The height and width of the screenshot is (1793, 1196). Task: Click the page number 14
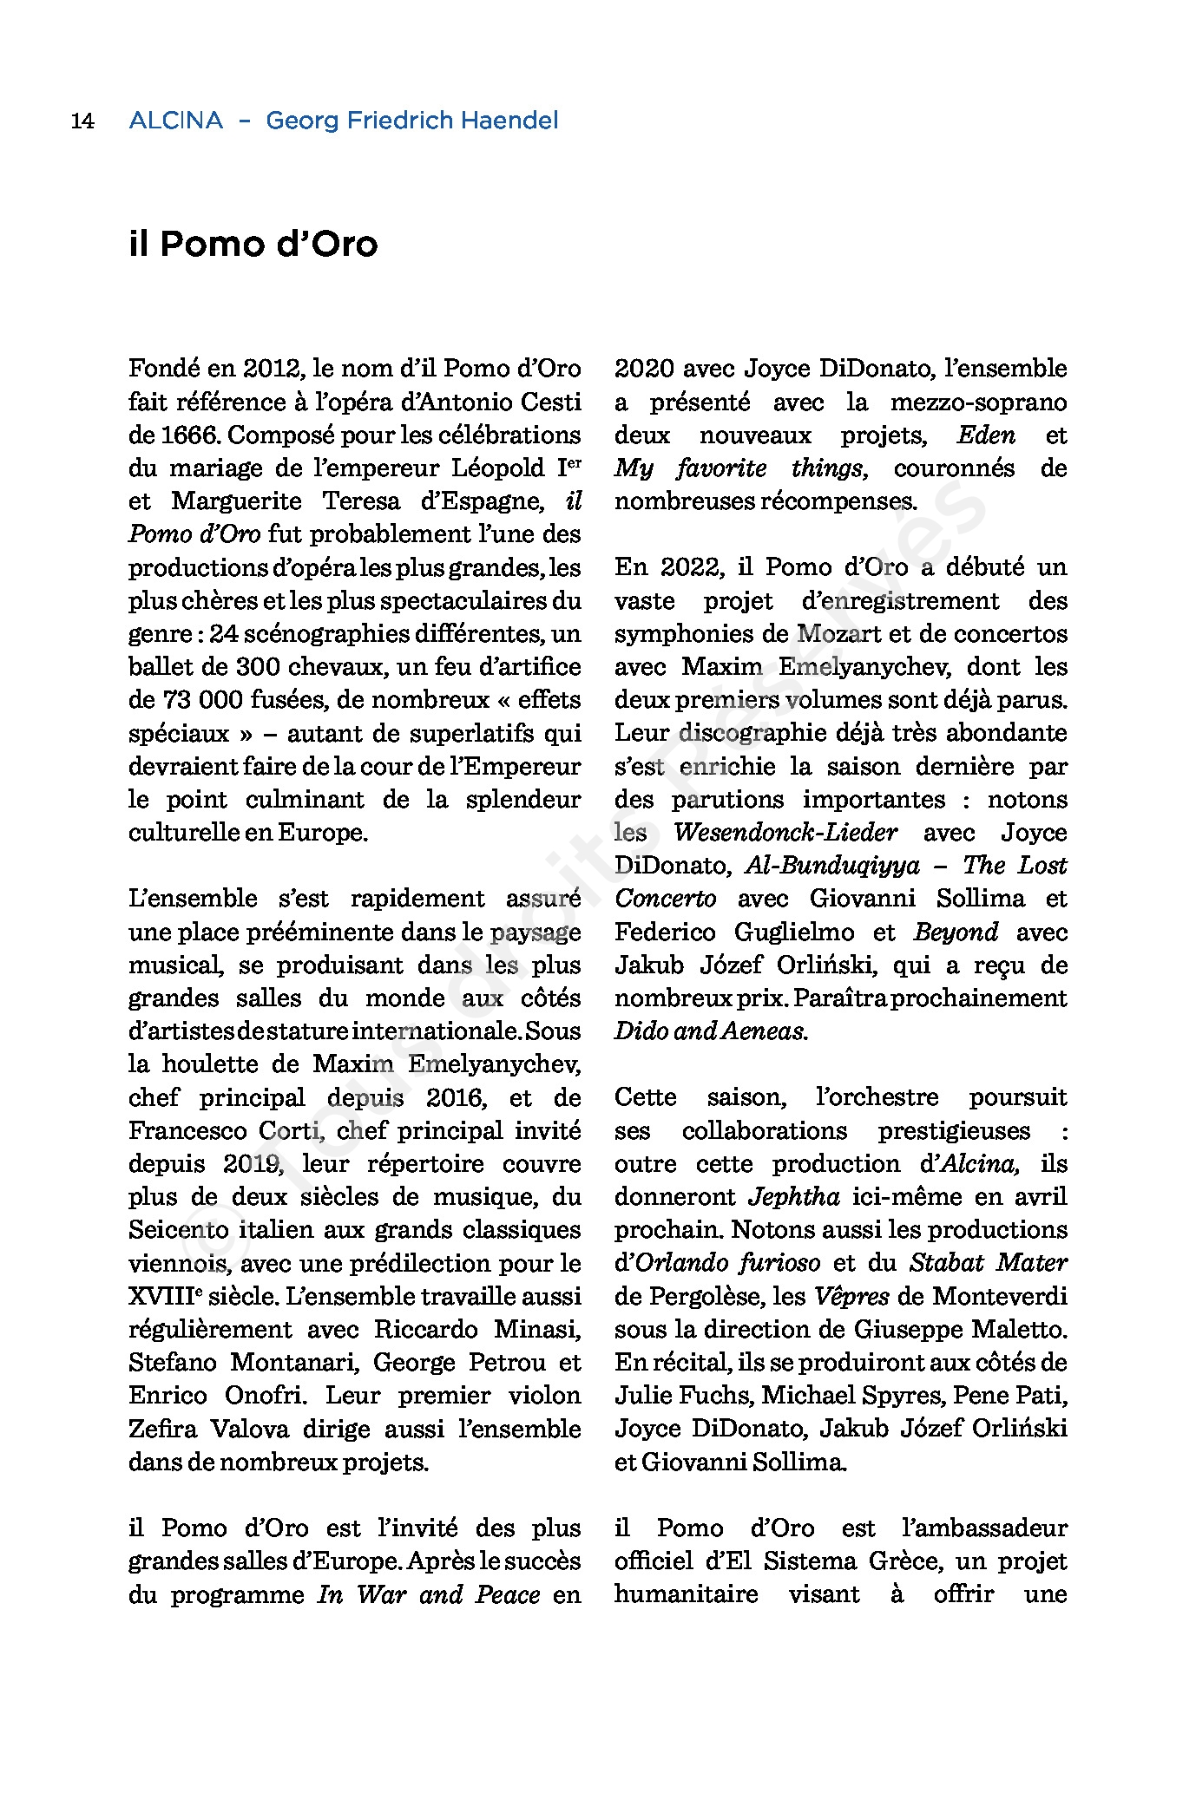82,121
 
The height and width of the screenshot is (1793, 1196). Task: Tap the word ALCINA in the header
175,121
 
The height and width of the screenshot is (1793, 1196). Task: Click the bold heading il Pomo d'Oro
253,244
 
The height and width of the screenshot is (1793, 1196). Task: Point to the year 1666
190,435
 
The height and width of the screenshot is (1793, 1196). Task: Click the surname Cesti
550,402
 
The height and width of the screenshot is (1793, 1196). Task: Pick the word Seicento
178,1230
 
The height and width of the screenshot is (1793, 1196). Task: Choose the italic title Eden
986,435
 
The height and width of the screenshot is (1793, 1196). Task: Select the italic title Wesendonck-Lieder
785,833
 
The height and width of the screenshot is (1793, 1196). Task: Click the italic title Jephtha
793,1197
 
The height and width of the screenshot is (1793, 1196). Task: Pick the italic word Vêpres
851,1297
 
